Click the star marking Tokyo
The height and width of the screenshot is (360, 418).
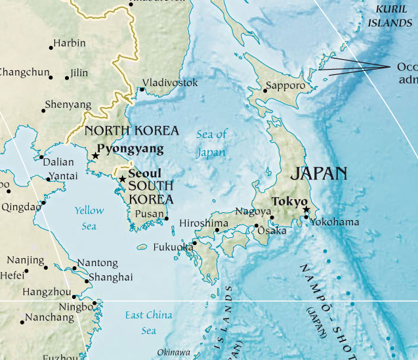[306, 210]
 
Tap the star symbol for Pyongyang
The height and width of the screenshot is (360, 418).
[96, 156]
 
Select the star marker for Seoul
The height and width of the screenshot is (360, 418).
[122, 178]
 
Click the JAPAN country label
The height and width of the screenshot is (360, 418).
[318, 173]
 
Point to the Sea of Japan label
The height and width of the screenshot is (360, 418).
[212, 143]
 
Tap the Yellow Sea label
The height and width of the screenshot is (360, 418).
[89, 218]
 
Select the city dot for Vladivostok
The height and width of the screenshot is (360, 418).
[142, 89]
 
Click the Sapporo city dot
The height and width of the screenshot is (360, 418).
[265, 91]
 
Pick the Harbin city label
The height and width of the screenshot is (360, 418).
[70, 43]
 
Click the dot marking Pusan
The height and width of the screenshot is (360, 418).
[167, 219]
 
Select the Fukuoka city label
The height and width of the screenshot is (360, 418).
[173, 248]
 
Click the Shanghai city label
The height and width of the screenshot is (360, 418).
[110, 277]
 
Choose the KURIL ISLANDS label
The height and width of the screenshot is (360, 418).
[390, 15]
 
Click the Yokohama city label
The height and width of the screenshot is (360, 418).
[335, 222]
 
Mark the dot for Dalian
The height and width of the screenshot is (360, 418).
[41, 157]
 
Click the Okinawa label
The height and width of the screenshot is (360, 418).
[174, 351]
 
